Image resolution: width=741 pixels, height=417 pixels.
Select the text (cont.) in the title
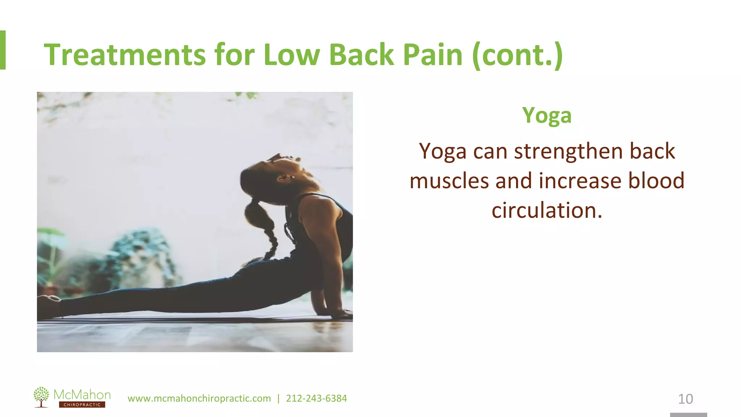coord(517,55)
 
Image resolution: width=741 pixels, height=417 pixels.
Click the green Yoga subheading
coord(547,116)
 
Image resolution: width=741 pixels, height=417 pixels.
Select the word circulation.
coord(547,210)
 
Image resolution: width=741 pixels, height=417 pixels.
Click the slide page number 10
coord(685,399)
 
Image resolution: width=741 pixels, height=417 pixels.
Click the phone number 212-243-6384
coord(316,399)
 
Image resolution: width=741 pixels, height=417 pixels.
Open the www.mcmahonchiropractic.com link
coord(199,399)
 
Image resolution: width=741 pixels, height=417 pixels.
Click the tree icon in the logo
coord(41,397)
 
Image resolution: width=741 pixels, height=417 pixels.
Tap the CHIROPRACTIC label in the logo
coord(82,405)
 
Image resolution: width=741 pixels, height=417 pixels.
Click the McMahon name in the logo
coord(82,394)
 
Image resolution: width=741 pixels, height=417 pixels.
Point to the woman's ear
coord(283,178)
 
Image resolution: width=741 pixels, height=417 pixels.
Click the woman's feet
coord(49,304)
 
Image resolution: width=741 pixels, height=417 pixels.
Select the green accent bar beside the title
coord(3,50)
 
